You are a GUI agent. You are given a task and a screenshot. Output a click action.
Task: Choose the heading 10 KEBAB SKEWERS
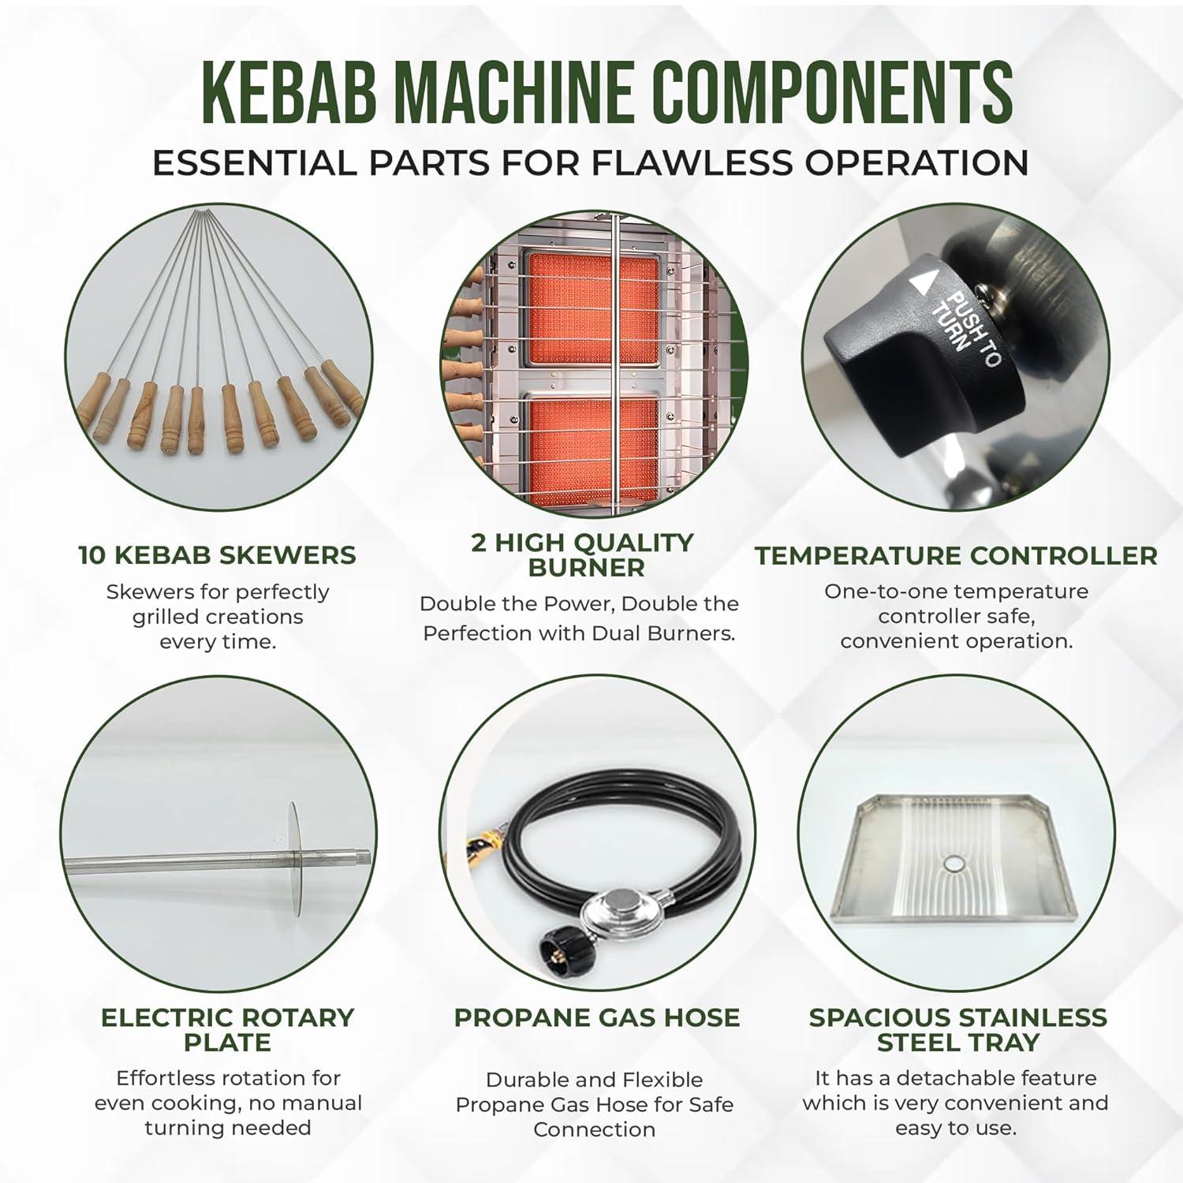[217, 554]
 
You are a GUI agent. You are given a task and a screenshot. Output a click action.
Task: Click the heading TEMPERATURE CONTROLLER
[956, 555]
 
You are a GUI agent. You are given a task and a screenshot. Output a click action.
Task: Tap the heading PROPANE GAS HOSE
[597, 1017]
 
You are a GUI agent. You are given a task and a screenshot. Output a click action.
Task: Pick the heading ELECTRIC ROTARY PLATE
[227, 1029]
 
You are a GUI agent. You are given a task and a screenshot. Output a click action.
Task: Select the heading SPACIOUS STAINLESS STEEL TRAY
[957, 1029]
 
